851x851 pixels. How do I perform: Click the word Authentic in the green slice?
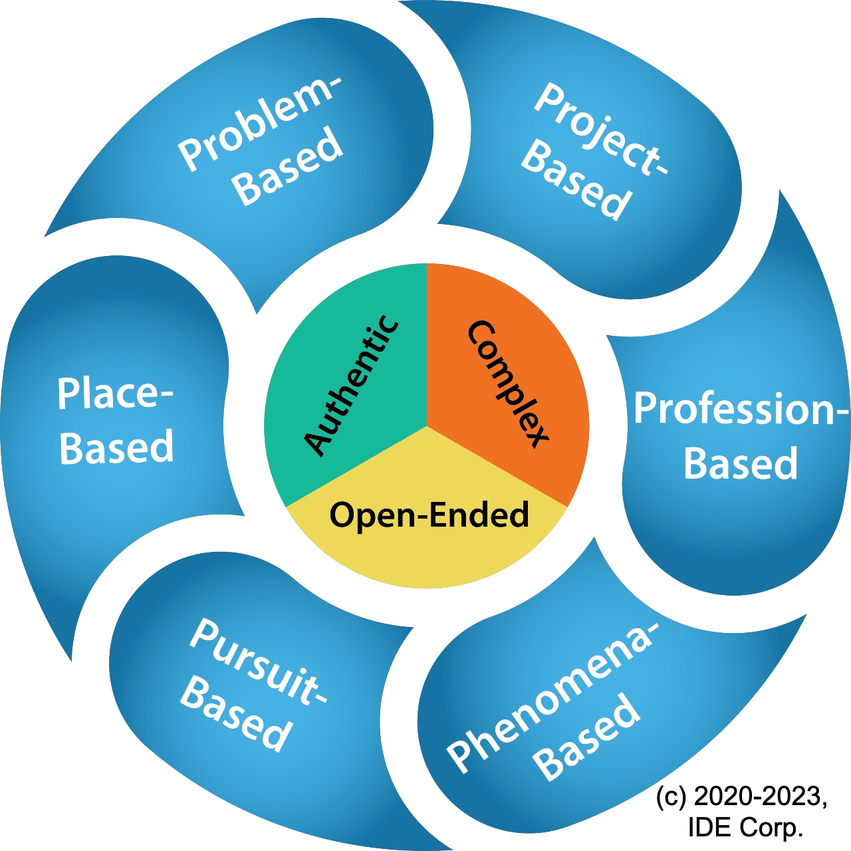(x=352, y=386)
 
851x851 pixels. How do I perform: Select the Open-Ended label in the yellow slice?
(x=429, y=515)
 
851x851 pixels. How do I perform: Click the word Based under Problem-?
(x=290, y=168)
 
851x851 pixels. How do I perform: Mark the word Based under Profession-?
(x=740, y=463)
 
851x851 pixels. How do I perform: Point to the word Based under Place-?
(x=116, y=447)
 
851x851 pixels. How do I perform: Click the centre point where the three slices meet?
(x=426, y=425)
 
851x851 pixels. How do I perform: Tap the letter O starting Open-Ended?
(x=342, y=516)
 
